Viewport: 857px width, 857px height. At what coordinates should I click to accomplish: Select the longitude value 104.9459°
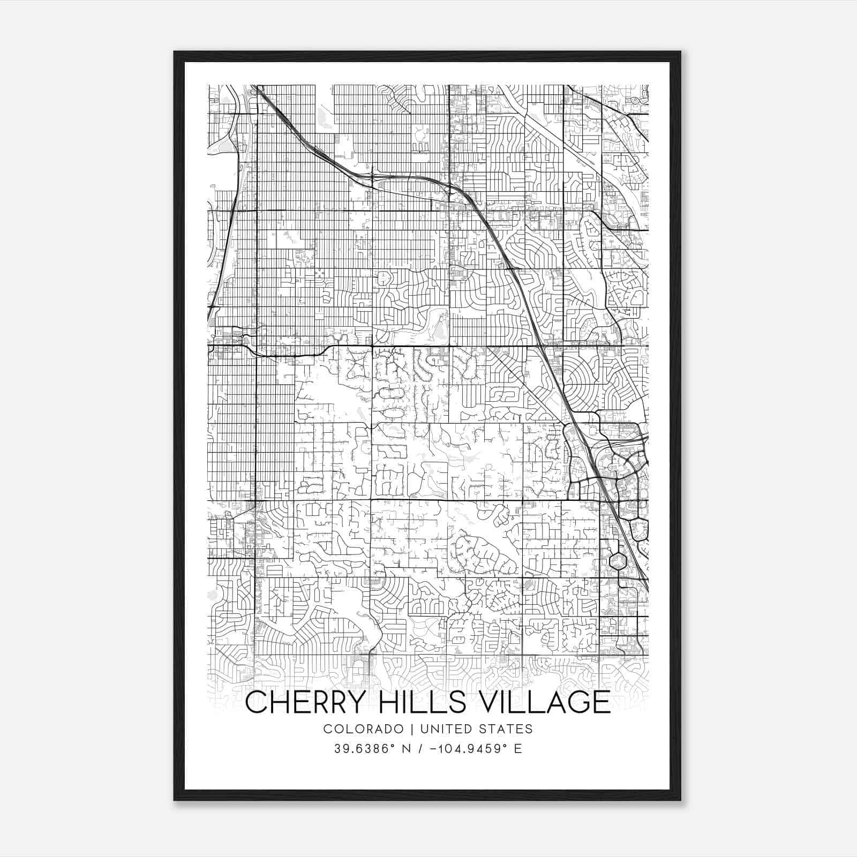(x=471, y=749)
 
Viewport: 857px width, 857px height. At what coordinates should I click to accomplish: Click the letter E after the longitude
(x=518, y=749)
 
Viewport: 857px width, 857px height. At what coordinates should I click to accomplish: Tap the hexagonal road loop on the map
(x=618, y=561)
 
